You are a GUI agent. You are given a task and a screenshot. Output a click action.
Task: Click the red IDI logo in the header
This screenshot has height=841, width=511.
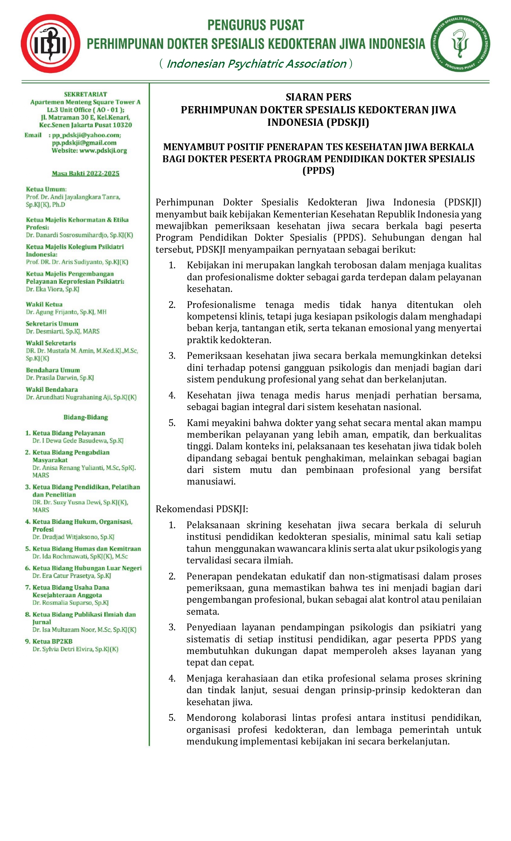coord(50,44)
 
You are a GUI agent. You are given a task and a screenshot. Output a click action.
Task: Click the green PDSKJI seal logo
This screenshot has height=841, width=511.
coord(460,44)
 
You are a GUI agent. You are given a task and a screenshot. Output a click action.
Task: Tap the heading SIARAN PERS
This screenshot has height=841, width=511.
coord(318,97)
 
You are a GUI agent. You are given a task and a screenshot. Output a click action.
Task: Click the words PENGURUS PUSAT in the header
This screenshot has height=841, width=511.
coord(256,25)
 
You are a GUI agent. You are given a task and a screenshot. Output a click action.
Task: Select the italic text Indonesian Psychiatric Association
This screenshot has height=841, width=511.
coord(256,64)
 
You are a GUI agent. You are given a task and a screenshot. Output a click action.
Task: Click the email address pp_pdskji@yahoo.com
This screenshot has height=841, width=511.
coord(86,135)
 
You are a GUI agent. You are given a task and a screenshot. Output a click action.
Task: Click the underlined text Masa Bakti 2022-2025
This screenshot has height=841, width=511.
coord(85,173)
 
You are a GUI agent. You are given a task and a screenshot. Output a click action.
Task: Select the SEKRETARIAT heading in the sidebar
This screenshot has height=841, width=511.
coord(85,95)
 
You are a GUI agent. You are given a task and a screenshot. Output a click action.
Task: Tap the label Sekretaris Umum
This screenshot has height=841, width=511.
coord(52,324)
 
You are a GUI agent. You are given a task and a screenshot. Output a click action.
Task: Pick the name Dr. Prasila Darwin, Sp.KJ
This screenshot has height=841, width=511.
coord(60,378)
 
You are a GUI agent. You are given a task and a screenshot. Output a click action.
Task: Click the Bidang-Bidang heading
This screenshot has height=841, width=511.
coord(85,417)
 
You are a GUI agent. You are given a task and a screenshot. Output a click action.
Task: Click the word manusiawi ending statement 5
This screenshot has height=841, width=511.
coord(211,481)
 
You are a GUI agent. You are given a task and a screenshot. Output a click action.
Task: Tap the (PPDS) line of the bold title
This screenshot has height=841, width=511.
coord(318,171)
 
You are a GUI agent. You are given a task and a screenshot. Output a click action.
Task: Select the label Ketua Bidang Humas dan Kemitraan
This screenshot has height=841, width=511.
coord(87,549)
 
